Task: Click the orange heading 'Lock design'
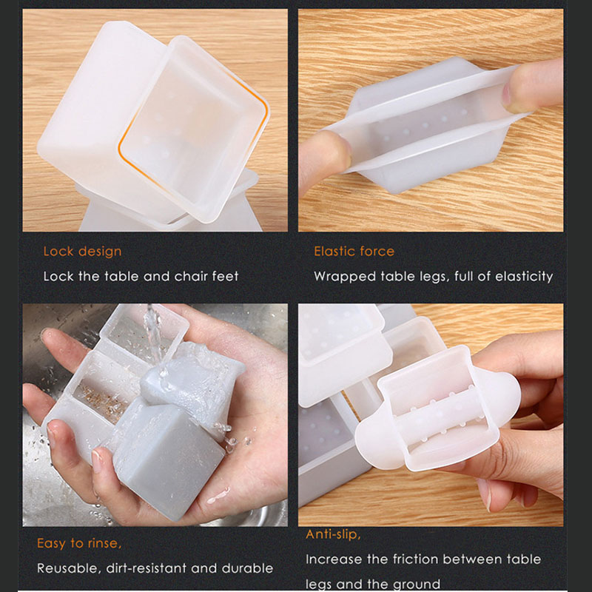[82, 252]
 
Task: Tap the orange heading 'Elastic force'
[354, 251]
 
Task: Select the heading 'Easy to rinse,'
[79, 543]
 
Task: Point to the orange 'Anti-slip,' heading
[334, 534]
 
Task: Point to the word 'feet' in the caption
[226, 276]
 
